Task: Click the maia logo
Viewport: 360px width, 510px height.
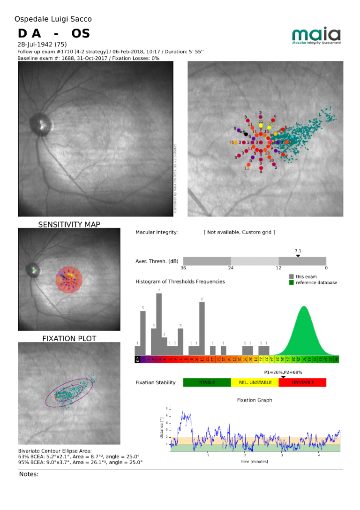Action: tap(316, 36)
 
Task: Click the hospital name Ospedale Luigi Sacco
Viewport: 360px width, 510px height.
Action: tap(53, 19)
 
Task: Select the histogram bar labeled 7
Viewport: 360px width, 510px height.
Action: tap(159, 325)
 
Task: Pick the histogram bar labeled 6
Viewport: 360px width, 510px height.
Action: tap(202, 328)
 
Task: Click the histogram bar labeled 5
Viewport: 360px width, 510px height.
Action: tap(143, 333)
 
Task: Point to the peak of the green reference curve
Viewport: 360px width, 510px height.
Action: tap(304, 307)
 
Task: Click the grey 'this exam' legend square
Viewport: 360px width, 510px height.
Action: tap(292, 277)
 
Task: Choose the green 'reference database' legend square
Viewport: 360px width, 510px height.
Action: tap(292, 282)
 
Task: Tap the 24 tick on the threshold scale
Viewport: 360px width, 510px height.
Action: tap(231, 268)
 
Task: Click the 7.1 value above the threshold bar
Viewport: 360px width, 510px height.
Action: tap(298, 251)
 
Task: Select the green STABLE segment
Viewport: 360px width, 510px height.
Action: tap(207, 382)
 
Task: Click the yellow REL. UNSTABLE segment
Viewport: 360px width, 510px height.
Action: tap(255, 382)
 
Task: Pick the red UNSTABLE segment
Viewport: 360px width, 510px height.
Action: tap(302, 382)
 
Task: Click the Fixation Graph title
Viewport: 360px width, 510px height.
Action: tap(255, 400)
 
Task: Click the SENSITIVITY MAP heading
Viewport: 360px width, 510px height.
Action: tap(69, 224)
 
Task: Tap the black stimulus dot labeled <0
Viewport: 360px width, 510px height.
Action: tap(246, 134)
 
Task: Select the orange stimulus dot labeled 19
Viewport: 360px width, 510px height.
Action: tap(235, 143)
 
